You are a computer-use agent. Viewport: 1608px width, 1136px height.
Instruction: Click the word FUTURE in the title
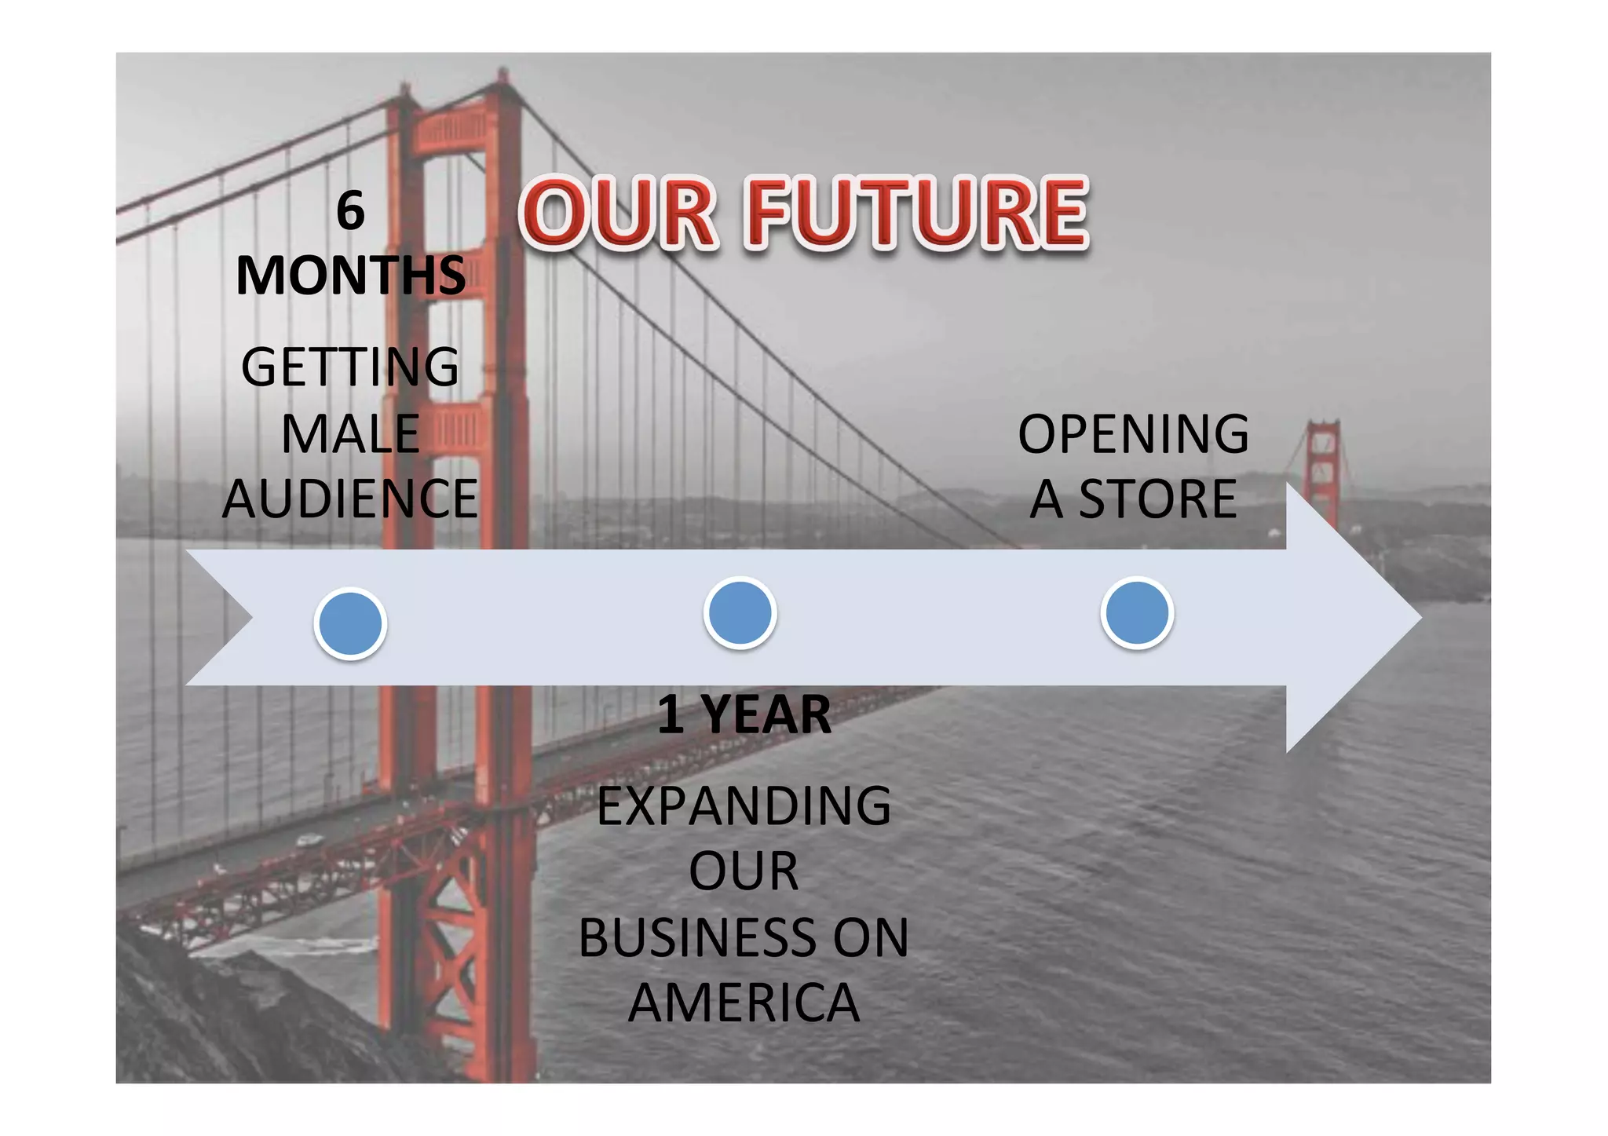coord(917,213)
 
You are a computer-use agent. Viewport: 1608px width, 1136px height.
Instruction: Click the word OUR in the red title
coord(618,213)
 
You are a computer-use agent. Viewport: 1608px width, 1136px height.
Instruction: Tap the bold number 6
coord(350,211)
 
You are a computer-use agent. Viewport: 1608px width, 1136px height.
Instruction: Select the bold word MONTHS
coord(350,276)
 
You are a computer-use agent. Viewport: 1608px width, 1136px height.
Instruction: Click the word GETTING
coord(350,367)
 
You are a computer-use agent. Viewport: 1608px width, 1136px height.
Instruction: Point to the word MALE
coord(350,433)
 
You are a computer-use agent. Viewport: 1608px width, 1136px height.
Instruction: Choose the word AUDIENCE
coord(350,499)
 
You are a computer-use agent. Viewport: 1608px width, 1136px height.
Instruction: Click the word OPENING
coord(1133,434)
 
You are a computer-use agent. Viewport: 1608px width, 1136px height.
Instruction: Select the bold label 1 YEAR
coord(744,714)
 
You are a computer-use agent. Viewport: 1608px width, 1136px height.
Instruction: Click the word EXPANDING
coord(744,806)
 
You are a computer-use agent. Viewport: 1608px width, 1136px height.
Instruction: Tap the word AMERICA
coord(744,1003)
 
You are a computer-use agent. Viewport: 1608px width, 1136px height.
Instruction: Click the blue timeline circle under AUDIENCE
coord(350,623)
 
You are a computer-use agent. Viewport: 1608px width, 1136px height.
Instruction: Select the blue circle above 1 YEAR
coord(740,612)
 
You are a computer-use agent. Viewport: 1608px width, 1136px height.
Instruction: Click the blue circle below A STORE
coord(1136,612)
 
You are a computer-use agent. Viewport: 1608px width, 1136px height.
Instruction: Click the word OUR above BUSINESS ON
coord(744,871)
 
